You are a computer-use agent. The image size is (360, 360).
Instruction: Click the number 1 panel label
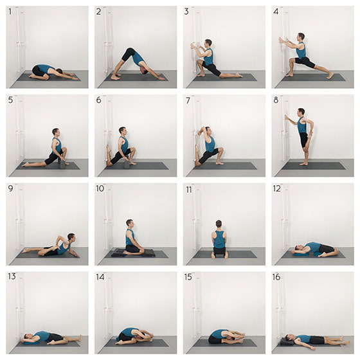point(10,12)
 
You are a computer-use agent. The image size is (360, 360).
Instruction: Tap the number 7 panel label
point(188,100)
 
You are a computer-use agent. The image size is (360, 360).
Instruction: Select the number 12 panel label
point(277,189)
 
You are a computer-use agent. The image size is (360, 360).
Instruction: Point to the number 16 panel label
point(276,277)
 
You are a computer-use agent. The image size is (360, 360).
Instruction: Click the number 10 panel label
point(100,188)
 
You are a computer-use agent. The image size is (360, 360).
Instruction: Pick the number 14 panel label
point(100,277)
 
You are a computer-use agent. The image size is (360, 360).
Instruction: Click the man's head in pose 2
point(145,71)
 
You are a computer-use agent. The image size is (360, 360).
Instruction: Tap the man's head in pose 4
point(301,37)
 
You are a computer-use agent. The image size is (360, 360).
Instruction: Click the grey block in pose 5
point(62,163)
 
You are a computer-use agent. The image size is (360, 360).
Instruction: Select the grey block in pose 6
point(126,163)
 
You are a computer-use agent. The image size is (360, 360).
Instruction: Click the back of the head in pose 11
point(219,224)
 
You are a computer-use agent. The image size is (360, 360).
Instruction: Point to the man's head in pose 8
point(301,112)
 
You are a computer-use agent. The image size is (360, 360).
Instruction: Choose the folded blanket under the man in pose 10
point(132,253)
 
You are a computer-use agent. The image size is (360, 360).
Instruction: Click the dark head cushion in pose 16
point(285,341)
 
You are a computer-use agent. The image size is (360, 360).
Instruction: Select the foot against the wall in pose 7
point(197,156)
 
